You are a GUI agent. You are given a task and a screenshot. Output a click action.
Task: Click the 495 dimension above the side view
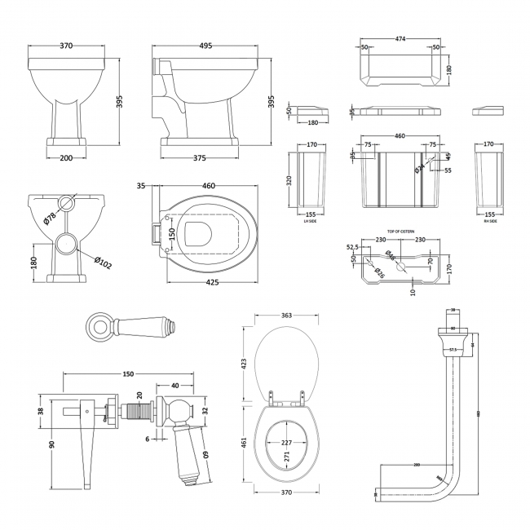click(x=205, y=46)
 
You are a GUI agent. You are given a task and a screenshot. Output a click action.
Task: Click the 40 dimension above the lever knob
click(x=175, y=386)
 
